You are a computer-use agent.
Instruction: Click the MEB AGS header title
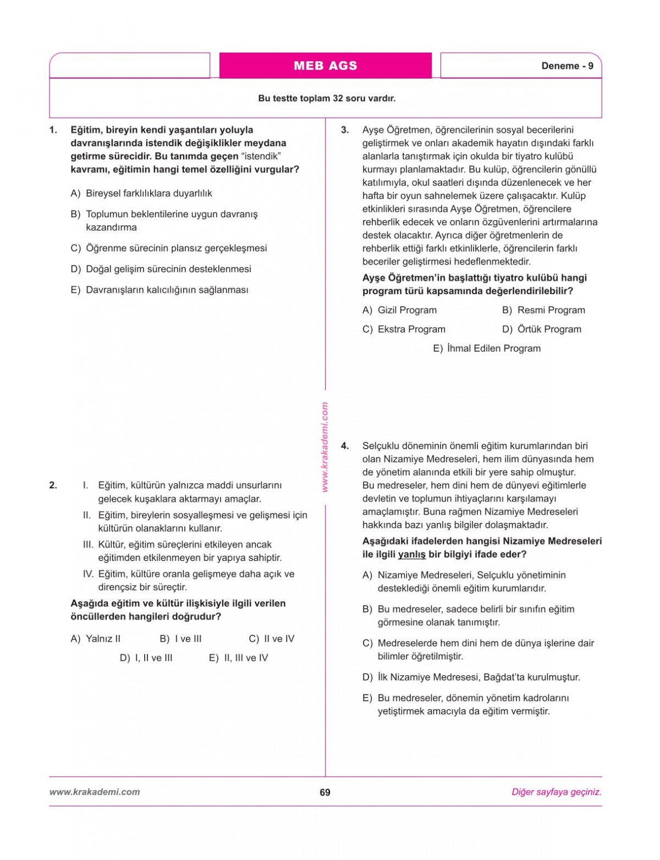pos(325,66)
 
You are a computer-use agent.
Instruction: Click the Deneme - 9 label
pos(567,66)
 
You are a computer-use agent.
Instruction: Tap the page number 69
pos(325,792)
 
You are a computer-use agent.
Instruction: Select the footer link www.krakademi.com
pos(95,792)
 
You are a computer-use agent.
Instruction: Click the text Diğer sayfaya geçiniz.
pos(556,792)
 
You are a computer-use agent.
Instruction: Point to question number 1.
pos(53,130)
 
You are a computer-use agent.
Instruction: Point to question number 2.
pos(53,486)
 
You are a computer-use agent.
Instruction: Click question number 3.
pos(345,130)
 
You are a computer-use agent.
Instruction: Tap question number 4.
pos(345,446)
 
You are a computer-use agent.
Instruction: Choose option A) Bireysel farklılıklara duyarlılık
pos(141,194)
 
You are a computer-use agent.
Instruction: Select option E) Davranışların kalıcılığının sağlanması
pos(159,290)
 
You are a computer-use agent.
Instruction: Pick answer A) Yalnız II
pos(96,639)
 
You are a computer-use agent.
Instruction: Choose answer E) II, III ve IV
pos(239,658)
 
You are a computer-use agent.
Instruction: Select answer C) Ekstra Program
pos(404,329)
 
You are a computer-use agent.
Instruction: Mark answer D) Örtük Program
pos(542,329)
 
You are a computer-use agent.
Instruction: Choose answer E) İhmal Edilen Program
pos(487,349)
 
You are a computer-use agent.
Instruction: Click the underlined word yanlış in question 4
pos(412,554)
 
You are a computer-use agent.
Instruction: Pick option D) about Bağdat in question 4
pos(471,677)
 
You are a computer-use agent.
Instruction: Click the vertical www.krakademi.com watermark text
pos(324,447)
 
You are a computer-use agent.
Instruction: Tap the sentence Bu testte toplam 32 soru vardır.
pos(327,99)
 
